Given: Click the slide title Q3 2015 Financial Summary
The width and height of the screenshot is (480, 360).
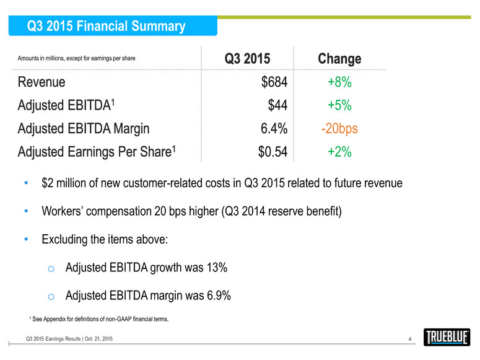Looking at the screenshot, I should pos(106,27).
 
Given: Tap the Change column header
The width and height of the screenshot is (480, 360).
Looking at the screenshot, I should pos(339,59).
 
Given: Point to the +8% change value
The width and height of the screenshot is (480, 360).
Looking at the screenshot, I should pos(339,82).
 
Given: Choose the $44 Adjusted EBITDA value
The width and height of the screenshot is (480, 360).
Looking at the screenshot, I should pos(277,105).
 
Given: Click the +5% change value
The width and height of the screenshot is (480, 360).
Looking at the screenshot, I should pos(339,105).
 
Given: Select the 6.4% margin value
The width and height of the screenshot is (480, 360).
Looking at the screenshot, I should pos(273,129).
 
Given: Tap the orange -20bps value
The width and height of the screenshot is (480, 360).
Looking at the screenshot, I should pos(339,129).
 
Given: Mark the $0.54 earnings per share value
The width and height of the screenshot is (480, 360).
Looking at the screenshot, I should pos(273,152).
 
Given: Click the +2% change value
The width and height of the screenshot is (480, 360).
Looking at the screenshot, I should pos(339,152).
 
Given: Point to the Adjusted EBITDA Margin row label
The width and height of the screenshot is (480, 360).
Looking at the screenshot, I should pos(83,129).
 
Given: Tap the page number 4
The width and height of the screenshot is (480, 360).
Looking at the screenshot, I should pos(411,338).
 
